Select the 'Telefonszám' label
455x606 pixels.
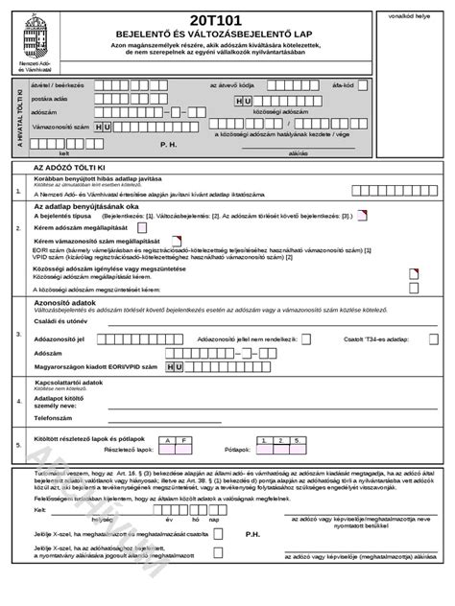click(x=55, y=418)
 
